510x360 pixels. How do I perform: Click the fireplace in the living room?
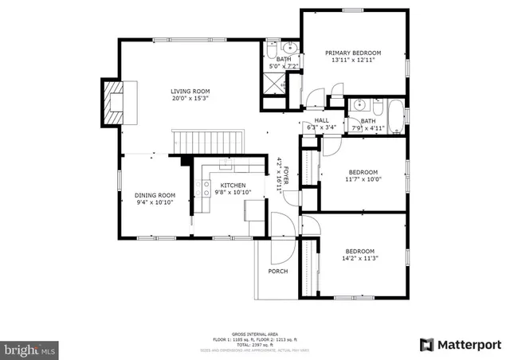click(112, 102)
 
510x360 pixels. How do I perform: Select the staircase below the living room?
click(206, 142)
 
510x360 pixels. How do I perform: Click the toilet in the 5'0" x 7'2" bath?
click(272, 46)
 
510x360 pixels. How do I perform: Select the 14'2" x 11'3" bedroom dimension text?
click(359, 258)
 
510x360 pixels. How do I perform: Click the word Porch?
click(277, 272)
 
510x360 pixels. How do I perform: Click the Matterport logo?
click(461, 344)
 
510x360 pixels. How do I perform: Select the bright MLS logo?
click(31, 348)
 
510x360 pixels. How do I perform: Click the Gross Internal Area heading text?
click(254, 333)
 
